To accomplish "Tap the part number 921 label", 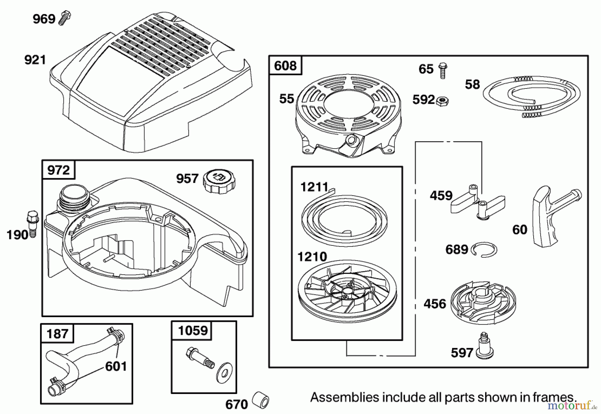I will [35, 60].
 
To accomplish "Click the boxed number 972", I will [58, 170].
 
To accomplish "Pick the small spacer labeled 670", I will [260, 399].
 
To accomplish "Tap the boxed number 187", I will [57, 333].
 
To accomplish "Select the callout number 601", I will [116, 366].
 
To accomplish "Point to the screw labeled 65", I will [442, 70].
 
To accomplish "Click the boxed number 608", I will [285, 65].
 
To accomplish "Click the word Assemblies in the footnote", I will [345, 397].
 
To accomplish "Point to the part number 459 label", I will [441, 195].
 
